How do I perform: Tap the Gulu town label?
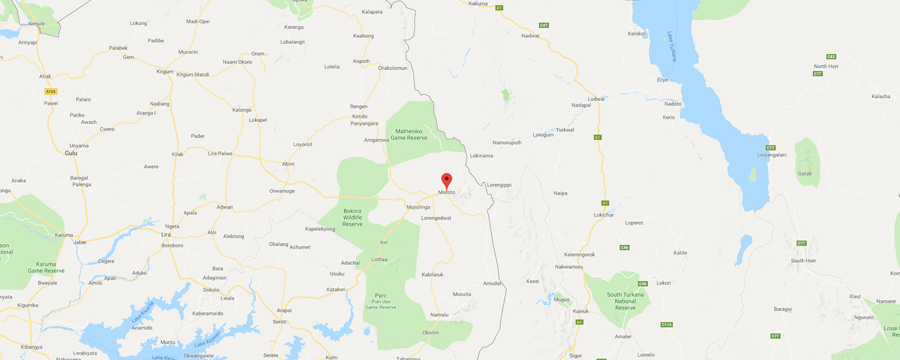pos(71,153)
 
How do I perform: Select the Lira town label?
pos(166,234)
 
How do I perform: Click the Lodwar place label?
pos(596,98)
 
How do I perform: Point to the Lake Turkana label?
pos(672,47)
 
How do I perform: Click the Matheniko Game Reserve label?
pos(409,134)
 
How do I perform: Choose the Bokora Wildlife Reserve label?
pos(352,217)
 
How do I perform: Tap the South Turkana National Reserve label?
pos(625,301)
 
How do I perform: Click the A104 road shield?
pos(50,91)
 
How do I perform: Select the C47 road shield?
pos(544,25)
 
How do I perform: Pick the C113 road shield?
pos(666,325)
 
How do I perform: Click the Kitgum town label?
pos(164,71)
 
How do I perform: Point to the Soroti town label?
pos(280,322)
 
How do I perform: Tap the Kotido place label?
pos(359,116)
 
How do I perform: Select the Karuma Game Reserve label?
pos(50,268)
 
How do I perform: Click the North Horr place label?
pos(825,66)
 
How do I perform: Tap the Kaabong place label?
pos(364,36)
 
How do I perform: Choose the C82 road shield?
pos(831,56)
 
